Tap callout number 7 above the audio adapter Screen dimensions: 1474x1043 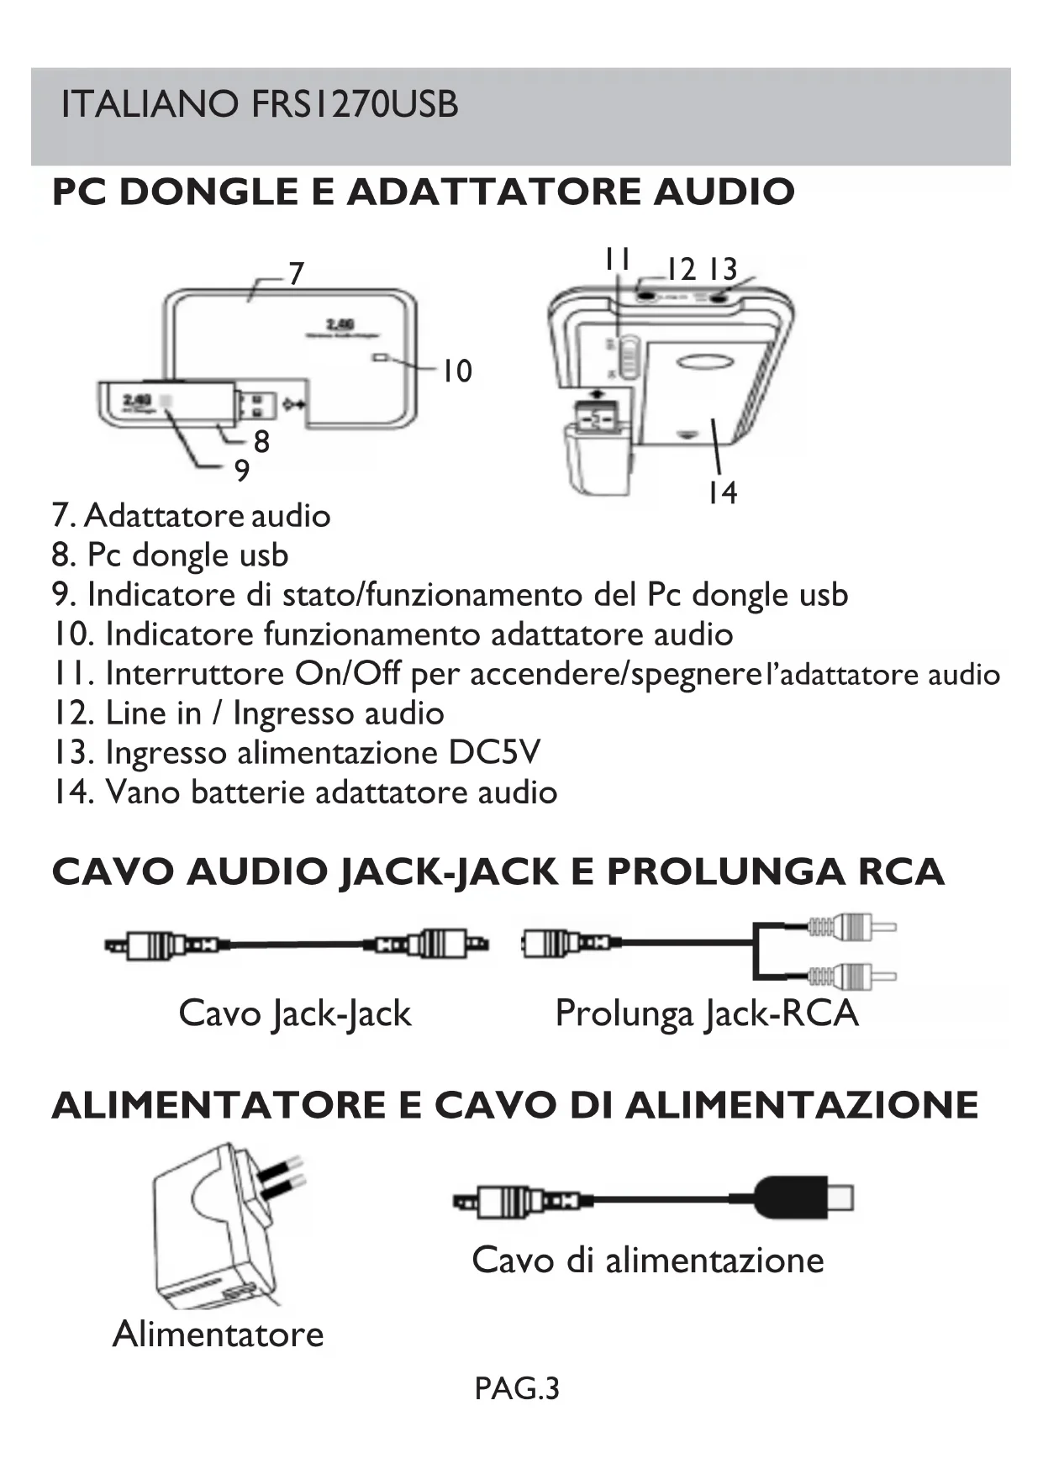296,274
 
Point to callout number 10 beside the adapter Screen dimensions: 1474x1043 458,371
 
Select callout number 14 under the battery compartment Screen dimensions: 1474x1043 722,492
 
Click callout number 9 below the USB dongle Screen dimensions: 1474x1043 242,471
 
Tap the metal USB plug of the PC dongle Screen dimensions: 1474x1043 259,405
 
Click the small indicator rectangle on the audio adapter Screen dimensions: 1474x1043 379,358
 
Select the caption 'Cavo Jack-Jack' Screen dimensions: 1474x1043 295,1013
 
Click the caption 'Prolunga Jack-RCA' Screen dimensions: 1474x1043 707,1013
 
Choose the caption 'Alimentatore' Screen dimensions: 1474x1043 218,1334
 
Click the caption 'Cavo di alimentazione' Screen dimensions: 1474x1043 648,1261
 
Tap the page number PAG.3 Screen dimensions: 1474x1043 516,1389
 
